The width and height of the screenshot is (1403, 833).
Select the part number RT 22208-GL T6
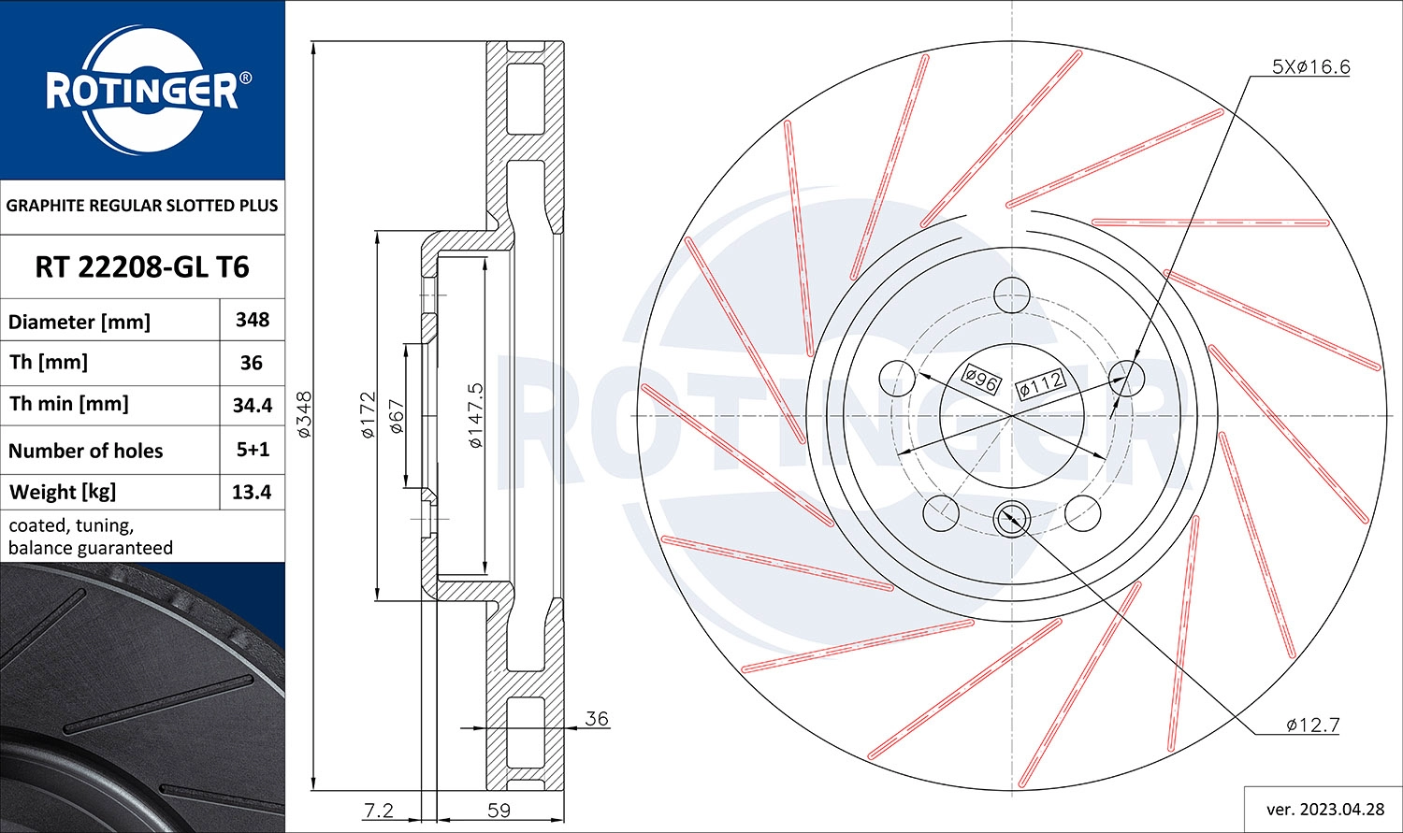coord(142,267)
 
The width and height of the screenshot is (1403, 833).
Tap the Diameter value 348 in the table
coord(253,320)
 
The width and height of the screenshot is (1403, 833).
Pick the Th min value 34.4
coord(253,405)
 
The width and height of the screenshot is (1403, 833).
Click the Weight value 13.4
coord(253,492)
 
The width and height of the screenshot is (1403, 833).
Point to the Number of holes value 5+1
coord(253,450)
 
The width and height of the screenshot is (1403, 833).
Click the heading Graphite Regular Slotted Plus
coord(142,206)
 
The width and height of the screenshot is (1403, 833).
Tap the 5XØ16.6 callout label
coord(1310,66)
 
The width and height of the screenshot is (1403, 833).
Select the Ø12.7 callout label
coord(1312,725)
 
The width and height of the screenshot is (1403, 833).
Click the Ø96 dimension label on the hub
coord(982,379)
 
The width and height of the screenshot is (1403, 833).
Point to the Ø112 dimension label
coord(1040,382)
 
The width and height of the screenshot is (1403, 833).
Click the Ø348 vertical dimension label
coord(304,415)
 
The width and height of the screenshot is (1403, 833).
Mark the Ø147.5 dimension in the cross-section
coord(475,415)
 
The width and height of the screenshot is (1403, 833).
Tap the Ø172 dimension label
coord(368,415)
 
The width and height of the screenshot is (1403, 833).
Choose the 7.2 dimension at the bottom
coord(378,811)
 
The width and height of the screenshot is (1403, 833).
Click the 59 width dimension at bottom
coord(499,811)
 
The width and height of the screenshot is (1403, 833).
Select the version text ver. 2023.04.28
coord(1324,809)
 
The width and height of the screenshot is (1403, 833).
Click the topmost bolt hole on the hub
coord(1011,294)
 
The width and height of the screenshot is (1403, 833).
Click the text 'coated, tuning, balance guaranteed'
coord(91,537)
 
